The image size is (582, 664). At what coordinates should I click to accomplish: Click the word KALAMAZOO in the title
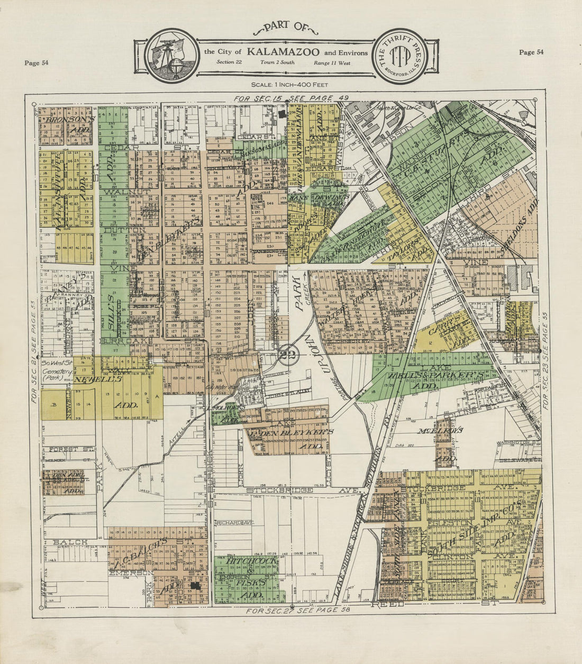pos(283,52)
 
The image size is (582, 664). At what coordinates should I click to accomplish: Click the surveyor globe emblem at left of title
pos(171,55)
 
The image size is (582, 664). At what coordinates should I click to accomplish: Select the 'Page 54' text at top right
pos(531,52)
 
